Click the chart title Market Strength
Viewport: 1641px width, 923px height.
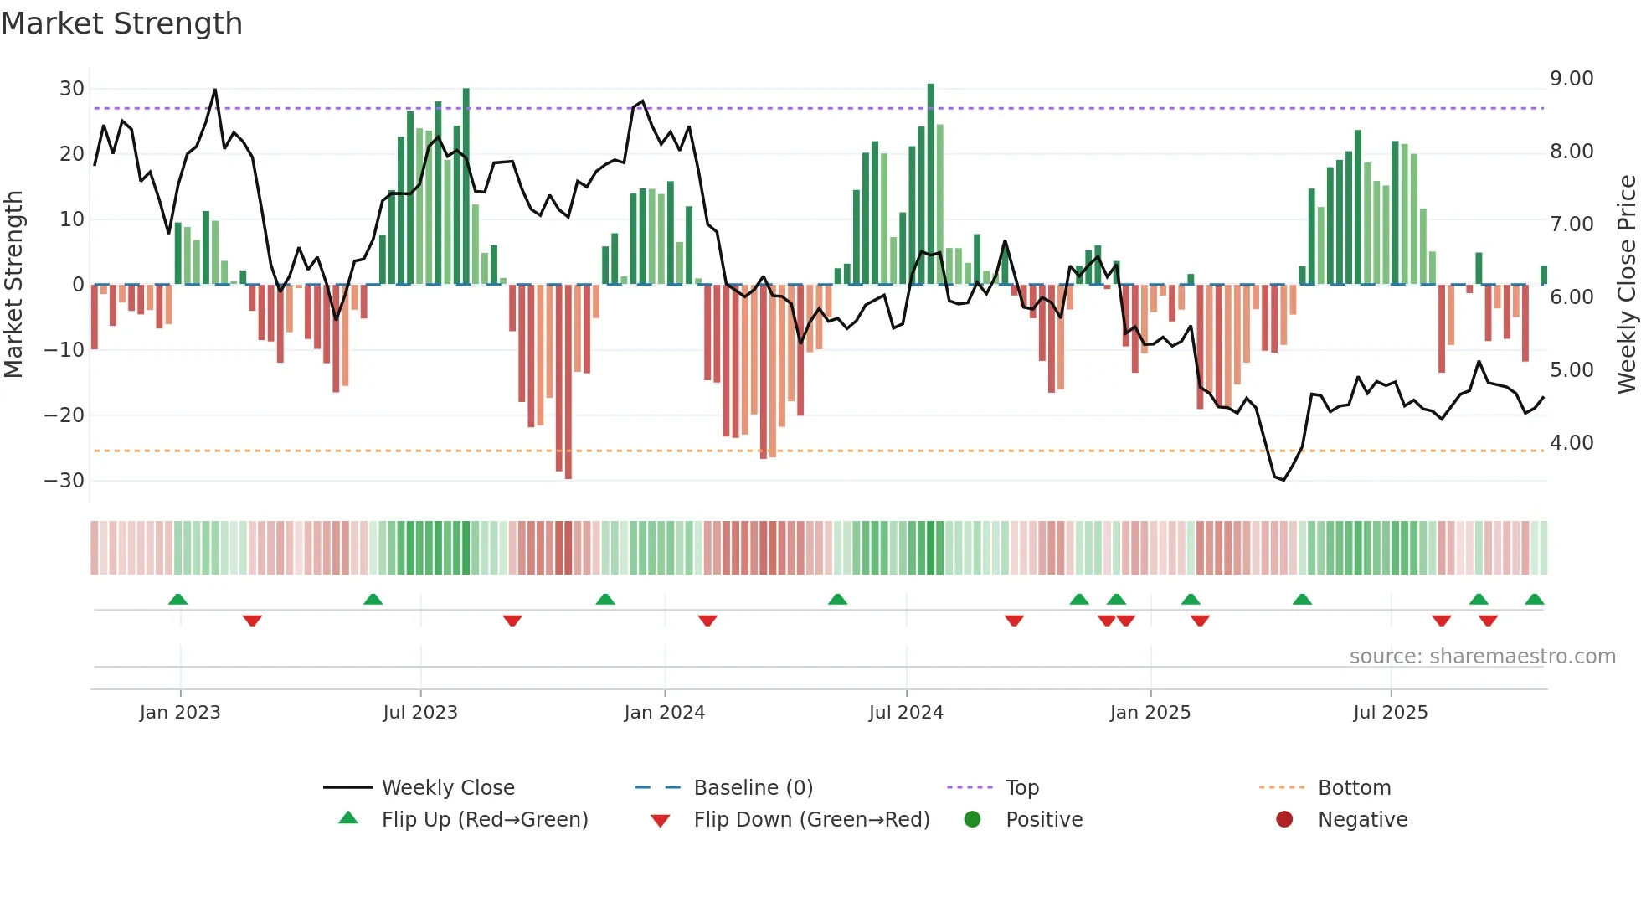(x=121, y=23)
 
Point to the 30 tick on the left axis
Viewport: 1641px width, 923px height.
(x=72, y=89)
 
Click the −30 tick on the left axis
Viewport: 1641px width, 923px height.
(x=64, y=481)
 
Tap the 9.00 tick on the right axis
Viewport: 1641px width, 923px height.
(x=1572, y=79)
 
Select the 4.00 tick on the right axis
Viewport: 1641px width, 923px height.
(x=1572, y=443)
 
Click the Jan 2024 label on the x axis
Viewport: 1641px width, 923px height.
(x=665, y=713)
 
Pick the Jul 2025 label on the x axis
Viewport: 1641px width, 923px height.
(x=1391, y=713)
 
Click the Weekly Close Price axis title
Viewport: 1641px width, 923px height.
(x=1626, y=285)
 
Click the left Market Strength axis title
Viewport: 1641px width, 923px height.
(x=13, y=285)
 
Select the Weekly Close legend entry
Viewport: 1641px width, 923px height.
(x=448, y=788)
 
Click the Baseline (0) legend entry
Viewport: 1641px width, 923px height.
(x=754, y=788)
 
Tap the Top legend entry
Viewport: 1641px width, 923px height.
(x=1022, y=788)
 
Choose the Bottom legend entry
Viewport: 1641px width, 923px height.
(x=1354, y=788)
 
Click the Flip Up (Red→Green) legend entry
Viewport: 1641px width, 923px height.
(x=485, y=820)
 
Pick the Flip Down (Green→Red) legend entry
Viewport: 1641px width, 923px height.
(x=811, y=820)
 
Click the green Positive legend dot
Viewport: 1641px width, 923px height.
(x=972, y=820)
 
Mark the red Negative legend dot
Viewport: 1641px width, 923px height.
(x=1284, y=820)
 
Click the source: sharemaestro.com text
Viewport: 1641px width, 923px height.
(x=1482, y=657)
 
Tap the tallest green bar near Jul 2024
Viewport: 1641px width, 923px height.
(x=931, y=184)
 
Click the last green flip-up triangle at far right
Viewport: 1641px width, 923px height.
(x=1535, y=600)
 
